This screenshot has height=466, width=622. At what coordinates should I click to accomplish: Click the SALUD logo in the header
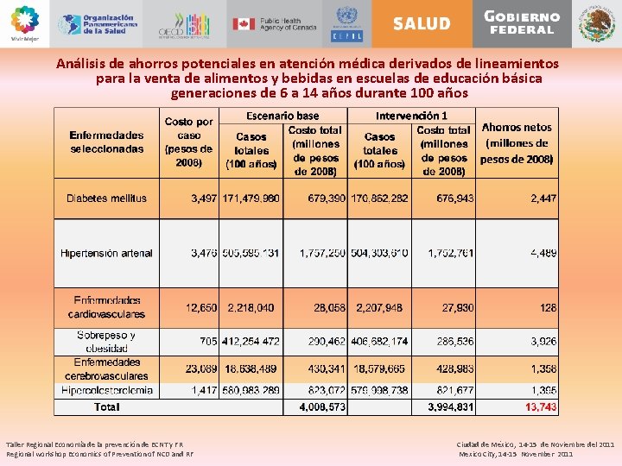click(422, 24)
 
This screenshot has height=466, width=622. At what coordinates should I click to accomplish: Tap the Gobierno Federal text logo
click(522, 23)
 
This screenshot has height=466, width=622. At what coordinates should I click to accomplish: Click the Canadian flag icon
click(242, 24)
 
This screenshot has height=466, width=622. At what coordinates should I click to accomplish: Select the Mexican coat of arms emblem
click(596, 24)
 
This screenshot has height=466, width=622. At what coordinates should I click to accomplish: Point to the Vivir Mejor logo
click(25, 23)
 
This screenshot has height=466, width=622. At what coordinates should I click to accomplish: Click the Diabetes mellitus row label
click(107, 198)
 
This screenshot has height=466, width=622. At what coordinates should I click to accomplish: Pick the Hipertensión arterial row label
click(107, 254)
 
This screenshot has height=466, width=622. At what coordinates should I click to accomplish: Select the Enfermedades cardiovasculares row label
click(107, 307)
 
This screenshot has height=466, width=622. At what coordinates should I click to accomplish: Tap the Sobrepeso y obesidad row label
click(107, 341)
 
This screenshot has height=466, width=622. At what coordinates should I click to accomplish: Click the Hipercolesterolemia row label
click(107, 390)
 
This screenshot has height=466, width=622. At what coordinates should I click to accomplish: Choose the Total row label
click(107, 406)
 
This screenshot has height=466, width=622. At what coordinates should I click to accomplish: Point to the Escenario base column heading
click(282, 116)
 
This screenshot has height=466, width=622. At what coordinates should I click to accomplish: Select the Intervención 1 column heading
click(411, 116)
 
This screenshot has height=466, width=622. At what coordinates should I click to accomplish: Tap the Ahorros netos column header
click(517, 128)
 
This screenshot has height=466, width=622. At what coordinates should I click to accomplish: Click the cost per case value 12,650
click(200, 307)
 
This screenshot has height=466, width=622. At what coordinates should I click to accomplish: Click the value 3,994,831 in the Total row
click(449, 406)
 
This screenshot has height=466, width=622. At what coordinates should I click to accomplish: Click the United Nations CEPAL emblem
click(347, 24)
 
